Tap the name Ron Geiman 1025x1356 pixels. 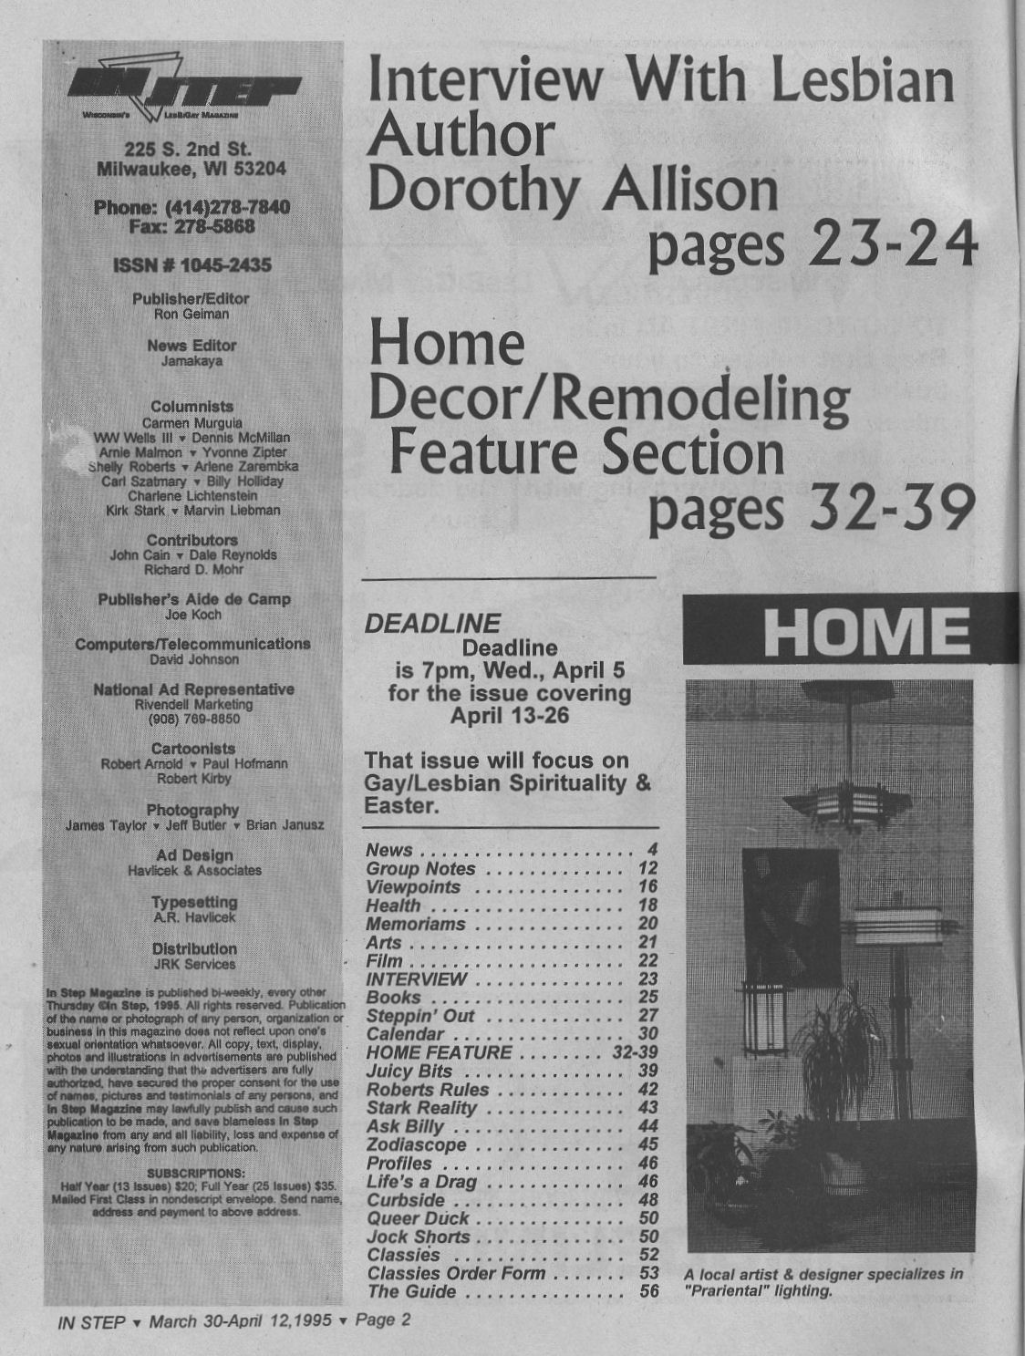[x=192, y=314]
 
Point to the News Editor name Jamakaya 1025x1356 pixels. [x=192, y=361]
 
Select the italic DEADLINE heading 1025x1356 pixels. [x=432, y=624]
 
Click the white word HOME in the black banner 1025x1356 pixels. [x=866, y=632]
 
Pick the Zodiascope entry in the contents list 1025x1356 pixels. [x=417, y=1144]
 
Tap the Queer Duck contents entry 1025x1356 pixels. [x=418, y=1218]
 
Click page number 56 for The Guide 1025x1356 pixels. [x=648, y=1291]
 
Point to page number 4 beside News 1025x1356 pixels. [x=652, y=850]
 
